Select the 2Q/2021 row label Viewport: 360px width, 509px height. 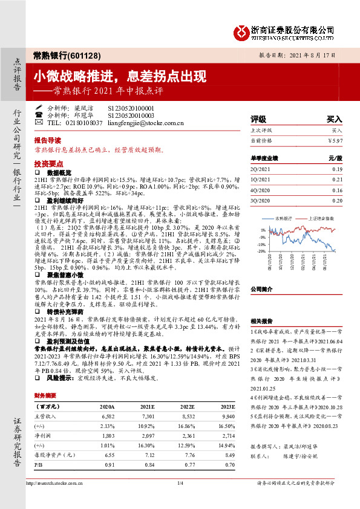tap(260, 170)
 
